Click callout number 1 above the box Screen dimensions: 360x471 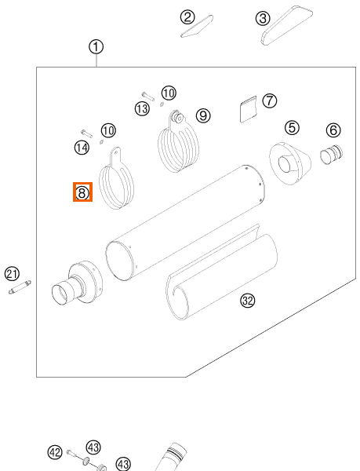point(96,47)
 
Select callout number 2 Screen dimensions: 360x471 point(187,17)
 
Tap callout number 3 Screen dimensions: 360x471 point(263,18)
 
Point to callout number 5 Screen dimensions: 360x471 point(292,128)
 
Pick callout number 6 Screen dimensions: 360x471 point(333,130)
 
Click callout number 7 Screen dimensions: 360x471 point(270,100)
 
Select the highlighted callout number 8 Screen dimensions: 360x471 point(82,192)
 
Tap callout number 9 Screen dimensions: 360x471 point(203,115)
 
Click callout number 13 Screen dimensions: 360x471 point(142,108)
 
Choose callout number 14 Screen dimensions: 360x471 point(82,148)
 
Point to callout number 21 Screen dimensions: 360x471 point(13,274)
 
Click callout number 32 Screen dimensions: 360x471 point(248,301)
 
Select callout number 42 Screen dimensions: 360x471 point(55,452)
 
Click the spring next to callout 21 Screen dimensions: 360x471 point(20,287)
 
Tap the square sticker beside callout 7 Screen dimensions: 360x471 point(249,109)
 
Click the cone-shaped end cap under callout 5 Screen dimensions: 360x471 point(289,163)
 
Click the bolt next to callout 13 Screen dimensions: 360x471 point(148,96)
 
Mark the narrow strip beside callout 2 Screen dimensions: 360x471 point(197,26)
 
